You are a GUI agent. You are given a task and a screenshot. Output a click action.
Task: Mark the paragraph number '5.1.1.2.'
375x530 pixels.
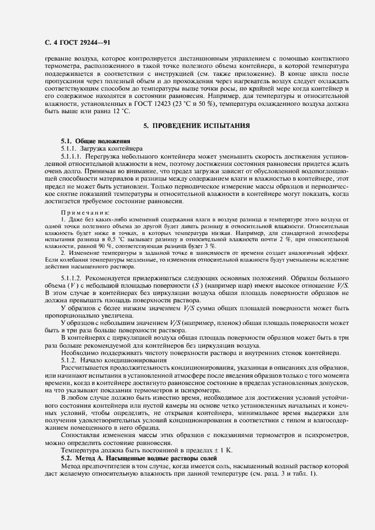click(x=73, y=278)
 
